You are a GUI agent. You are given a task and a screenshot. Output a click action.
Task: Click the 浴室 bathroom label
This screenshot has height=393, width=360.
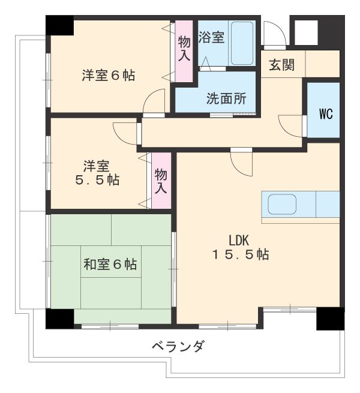click(211, 38)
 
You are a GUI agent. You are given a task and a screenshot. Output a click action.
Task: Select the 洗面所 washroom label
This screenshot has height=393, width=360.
click(226, 100)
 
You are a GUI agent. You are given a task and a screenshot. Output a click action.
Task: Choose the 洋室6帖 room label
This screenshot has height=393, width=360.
click(108, 76)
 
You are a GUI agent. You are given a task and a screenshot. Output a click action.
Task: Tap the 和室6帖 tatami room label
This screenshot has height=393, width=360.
click(110, 264)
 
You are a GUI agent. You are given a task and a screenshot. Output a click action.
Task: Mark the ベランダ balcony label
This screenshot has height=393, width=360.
click(177, 347)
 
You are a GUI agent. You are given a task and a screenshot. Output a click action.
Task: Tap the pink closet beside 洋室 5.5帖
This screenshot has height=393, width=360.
click(161, 180)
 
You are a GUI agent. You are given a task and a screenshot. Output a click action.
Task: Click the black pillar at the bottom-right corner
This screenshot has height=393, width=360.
click(330, 319)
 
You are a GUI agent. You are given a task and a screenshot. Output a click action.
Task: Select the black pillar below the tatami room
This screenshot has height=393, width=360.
click(60, 319)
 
